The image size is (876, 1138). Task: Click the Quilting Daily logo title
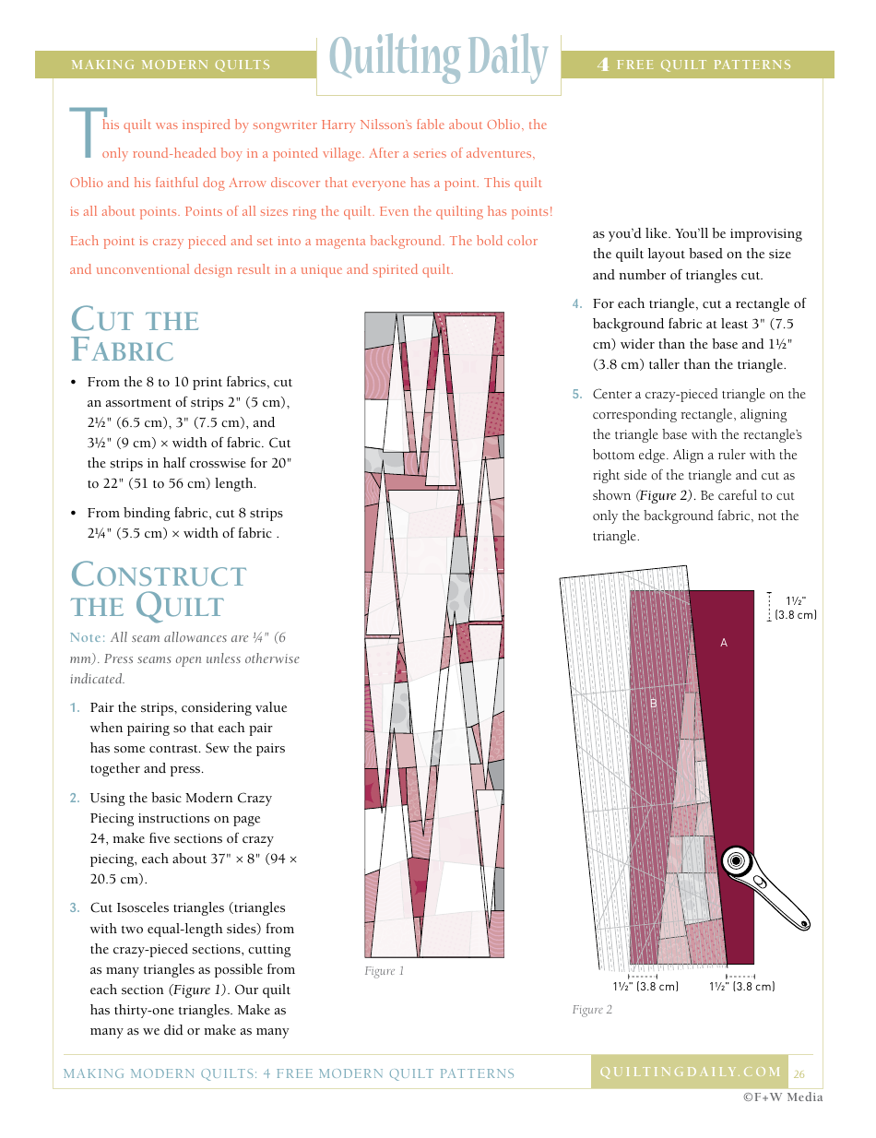point(438,58)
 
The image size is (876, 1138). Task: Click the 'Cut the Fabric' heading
point(135,335)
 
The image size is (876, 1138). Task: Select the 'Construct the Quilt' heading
point(158,590)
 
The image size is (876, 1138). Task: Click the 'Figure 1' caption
point(385,971)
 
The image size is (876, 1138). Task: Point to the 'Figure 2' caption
point(592,1010)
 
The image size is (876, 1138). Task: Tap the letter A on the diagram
point(724,643)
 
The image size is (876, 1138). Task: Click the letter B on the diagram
point(654,704)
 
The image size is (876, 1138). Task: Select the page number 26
point(799,1073)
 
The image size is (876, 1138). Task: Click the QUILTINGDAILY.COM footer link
point(690,1072)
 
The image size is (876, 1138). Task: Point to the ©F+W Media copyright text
point(783,1097)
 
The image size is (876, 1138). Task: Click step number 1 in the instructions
point(75,708)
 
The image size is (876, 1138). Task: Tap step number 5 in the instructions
point(577,395)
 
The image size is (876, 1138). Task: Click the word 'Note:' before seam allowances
point(88,637)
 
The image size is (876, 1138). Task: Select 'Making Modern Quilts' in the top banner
point(171,65)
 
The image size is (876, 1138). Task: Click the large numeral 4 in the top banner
point(603,65)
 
